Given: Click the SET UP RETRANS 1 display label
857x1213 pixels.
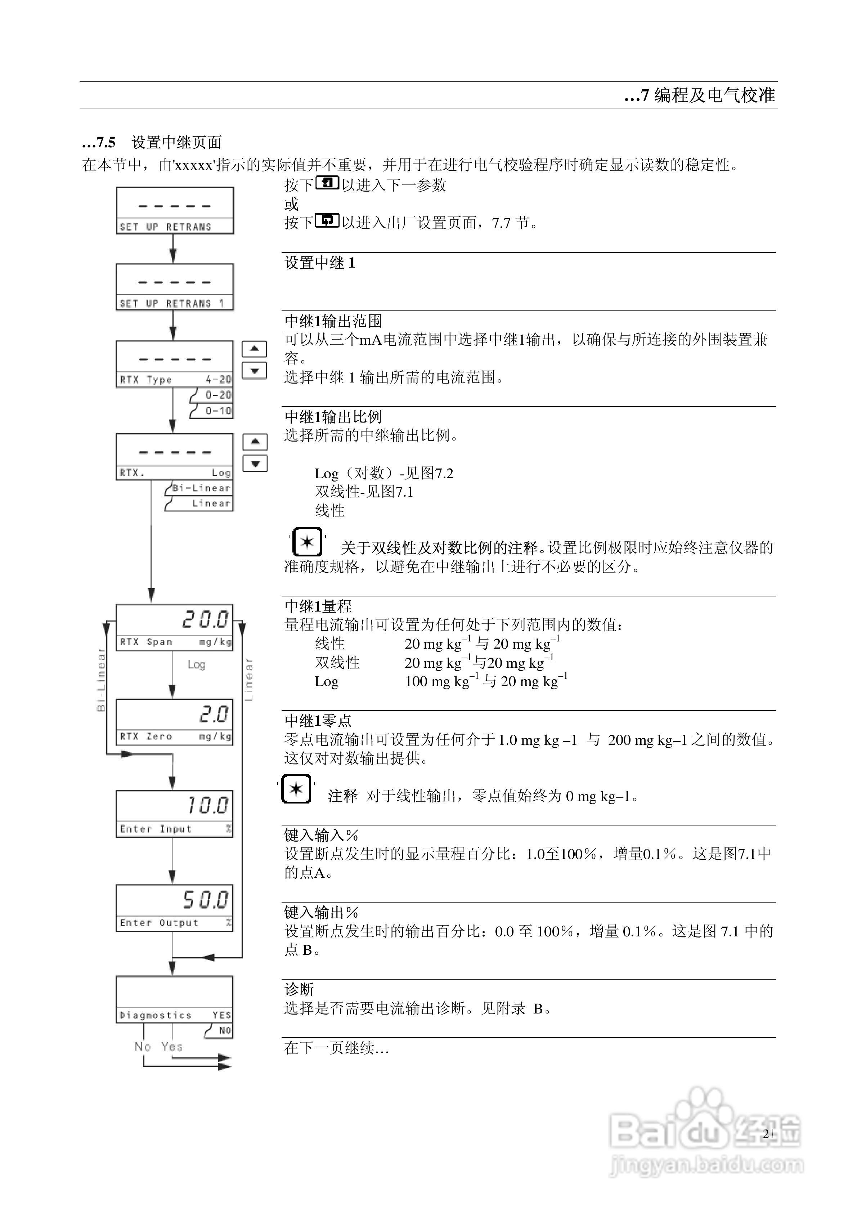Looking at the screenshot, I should point(172,304).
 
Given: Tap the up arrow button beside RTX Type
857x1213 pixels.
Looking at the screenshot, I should point(254,349).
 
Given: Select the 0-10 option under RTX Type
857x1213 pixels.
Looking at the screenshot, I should point(218,411).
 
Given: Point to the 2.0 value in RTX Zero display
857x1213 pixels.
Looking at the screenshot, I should point(214,714).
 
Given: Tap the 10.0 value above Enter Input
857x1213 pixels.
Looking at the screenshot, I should point(208,806).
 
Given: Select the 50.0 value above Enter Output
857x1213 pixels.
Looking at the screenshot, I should point(206,900).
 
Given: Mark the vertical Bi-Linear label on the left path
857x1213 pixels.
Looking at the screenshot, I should point(102,679).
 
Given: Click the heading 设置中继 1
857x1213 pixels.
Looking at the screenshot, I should point(320,263).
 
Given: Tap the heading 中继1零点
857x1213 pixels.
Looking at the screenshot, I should point(318,721).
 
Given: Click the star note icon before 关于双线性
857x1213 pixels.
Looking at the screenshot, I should point(307,542).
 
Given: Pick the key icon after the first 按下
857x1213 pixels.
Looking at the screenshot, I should point(327,183).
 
